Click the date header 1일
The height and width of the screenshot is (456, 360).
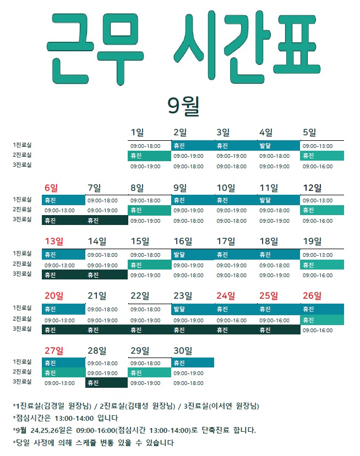coord(137,133)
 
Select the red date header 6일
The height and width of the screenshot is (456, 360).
coord(51,188)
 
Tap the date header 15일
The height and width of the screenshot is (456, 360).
coord(140,241)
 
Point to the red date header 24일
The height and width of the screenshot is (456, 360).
coord(226,296)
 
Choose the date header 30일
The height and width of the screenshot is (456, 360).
coord(183,351)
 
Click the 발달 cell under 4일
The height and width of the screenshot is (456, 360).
coord(279,145)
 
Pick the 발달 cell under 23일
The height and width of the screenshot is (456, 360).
coord(193,309)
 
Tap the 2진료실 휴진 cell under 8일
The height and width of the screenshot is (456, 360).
coord(149,210)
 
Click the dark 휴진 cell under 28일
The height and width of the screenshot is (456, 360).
coord(107,383)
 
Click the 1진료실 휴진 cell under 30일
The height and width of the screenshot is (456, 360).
coord(193,362)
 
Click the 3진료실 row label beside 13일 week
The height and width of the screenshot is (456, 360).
coord(22,274)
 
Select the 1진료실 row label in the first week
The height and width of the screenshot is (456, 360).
coord(22,145)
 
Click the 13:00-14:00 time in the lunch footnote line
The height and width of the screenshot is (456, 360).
coord(74,419)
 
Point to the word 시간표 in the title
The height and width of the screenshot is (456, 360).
coord(247,47)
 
